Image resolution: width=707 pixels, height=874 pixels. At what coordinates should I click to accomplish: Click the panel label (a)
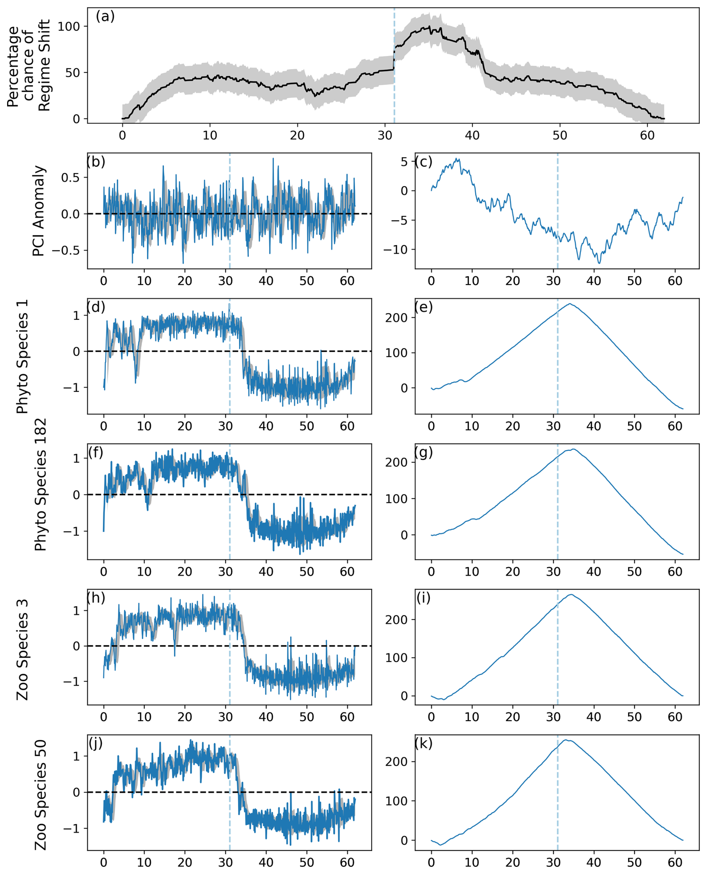[105, 17]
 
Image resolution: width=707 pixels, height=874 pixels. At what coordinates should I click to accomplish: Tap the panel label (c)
[423, 162]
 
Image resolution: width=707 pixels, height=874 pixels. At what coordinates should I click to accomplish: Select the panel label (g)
[423, 453]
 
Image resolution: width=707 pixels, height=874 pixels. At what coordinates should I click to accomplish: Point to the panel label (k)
[423, 743]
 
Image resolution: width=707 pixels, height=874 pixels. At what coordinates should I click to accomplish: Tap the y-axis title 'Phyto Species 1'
[23, 356]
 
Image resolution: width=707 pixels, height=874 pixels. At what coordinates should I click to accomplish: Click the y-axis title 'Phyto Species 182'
[40, 485]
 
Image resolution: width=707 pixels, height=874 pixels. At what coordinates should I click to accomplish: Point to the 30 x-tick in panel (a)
[385, 136]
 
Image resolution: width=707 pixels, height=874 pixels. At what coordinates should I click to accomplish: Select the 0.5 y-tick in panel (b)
[70, 177]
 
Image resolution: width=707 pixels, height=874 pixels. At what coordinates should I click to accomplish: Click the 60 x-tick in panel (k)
[674, 862]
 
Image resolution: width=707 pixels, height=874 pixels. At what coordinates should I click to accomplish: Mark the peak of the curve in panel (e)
[570, 303]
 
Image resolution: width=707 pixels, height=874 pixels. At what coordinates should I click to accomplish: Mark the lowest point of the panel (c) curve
[599, 263]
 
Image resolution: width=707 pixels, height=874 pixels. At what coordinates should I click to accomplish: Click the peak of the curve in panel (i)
[571, 594]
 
